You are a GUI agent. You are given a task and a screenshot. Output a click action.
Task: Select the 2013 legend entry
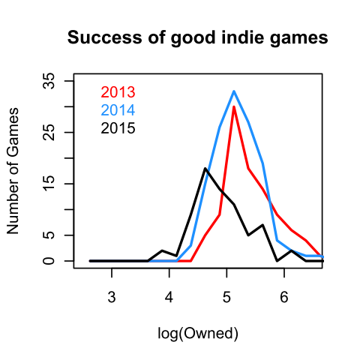[118, 93]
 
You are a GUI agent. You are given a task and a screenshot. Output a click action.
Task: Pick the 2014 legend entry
[118, 110]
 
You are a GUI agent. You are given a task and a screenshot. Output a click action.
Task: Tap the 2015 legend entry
[118, 128]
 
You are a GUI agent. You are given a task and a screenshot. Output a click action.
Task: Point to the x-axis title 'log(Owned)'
[198, 332]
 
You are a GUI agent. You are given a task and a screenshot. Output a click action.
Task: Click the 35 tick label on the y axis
[49, 80]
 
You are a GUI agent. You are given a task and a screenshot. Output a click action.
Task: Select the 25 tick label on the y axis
[49, 132]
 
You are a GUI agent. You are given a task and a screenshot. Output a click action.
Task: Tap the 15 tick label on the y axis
[49, 184]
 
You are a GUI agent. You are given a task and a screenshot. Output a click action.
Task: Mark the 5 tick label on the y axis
[49, 235]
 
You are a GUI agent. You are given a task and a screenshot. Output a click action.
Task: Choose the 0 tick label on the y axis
[49, 261]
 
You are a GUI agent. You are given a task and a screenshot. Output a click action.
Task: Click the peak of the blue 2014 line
[234, 91]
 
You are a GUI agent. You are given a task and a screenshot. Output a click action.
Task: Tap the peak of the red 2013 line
[234, 106]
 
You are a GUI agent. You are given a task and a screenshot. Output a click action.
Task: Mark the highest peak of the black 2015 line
[205, 168]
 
